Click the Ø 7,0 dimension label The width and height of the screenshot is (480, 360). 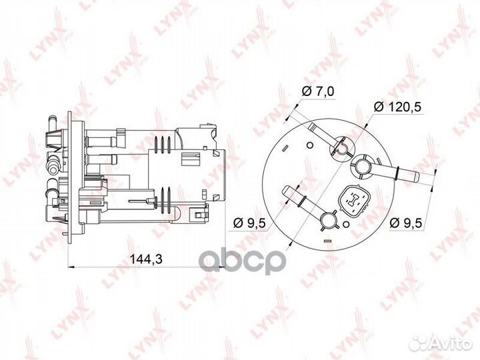click(318, 91)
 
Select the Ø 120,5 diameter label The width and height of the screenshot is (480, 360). click(397, 107)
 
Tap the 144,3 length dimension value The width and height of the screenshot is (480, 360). click(146, 259)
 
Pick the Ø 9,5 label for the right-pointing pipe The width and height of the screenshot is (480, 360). click(406, 222)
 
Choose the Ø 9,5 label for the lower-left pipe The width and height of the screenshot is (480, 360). click(249, 223)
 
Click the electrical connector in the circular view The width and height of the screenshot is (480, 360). click(355, 201)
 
